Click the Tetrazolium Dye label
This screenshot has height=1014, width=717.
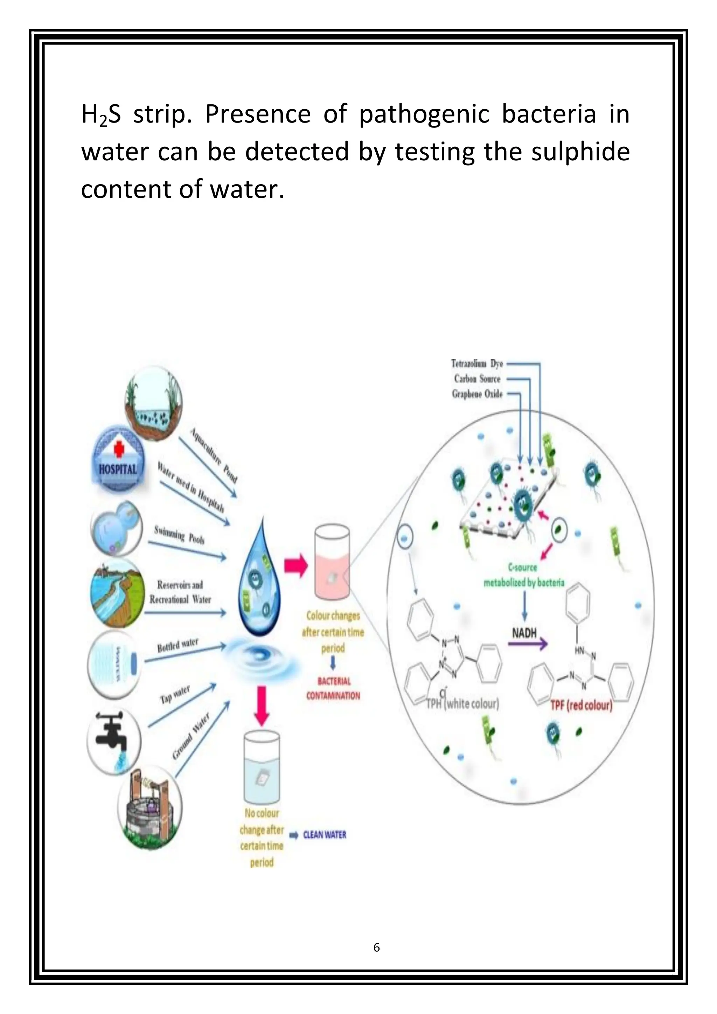[x=477, y=363]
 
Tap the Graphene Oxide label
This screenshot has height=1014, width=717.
[x=477, y=394]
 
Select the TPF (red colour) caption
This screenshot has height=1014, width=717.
[x=581, y=705]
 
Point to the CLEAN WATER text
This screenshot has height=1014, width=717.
[x=325, y=835]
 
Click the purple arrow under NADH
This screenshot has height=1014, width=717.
[x=528, y=644]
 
